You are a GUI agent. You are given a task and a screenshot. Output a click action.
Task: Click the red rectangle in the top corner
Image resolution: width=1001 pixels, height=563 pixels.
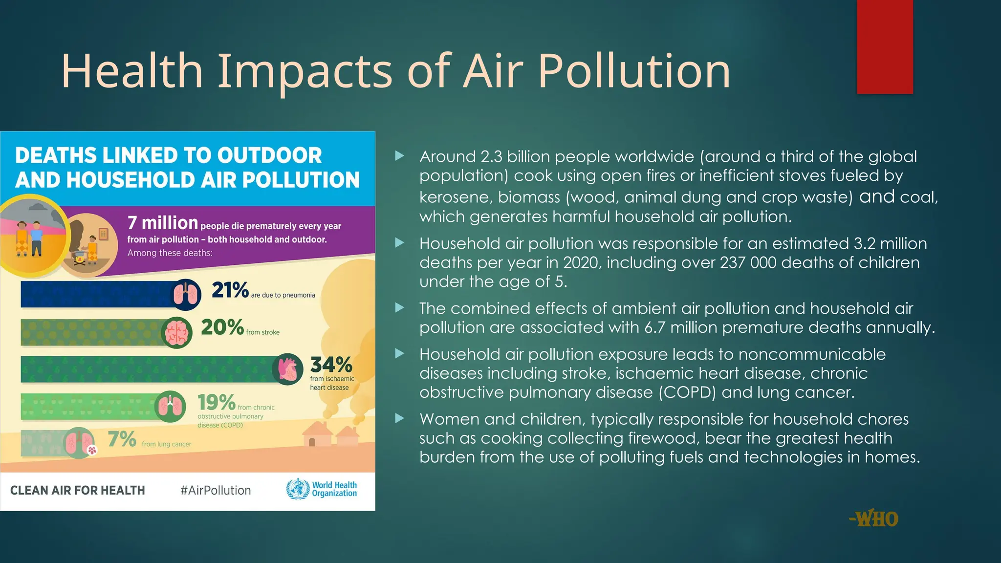click(x=885, y=47)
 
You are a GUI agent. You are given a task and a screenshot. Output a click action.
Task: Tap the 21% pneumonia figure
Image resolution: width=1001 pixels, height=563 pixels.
click(x=230, y=290)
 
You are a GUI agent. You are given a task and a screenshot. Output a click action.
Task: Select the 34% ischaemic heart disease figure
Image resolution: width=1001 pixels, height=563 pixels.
click(x=331, y=365)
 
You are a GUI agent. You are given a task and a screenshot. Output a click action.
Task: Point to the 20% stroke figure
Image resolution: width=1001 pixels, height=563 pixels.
click(x=222, y=327)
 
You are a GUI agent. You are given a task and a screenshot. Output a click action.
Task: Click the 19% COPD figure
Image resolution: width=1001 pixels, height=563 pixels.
click(x=217, y=403)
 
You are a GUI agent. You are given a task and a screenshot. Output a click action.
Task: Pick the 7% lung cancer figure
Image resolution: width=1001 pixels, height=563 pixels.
click(x=122, y=439)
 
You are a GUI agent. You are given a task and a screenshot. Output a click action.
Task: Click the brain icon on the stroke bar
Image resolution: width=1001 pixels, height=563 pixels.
click(x=176, y=333)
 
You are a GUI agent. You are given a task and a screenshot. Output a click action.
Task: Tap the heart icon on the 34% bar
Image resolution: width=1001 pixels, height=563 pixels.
click(x=287, y=369)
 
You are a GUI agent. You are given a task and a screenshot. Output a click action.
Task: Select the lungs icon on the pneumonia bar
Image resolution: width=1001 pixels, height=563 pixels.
click(x=186, y=295)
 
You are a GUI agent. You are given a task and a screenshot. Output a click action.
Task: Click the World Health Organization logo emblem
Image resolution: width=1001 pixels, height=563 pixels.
click(x=298, y=489)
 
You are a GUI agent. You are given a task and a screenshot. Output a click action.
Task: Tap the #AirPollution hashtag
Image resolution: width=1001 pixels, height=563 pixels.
click(x=216, y=490)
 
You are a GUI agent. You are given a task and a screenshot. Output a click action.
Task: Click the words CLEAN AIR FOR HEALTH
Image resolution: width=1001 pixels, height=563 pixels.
click(x=78, y=490)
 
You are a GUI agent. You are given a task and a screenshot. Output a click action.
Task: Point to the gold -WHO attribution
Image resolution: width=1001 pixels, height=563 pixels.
click(x=873, y=519)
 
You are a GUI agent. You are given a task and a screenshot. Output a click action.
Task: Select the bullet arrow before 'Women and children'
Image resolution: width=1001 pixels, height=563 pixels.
click(x=400, y=418)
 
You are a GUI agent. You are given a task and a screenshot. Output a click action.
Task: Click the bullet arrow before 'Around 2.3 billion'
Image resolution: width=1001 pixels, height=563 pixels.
click(x=400, y=156)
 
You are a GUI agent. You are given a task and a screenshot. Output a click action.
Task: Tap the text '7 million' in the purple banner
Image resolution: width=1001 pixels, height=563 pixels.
click(x=162, y=223)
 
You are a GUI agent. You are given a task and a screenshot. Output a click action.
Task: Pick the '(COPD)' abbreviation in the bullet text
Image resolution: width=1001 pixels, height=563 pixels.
click(x=687, y=392)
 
